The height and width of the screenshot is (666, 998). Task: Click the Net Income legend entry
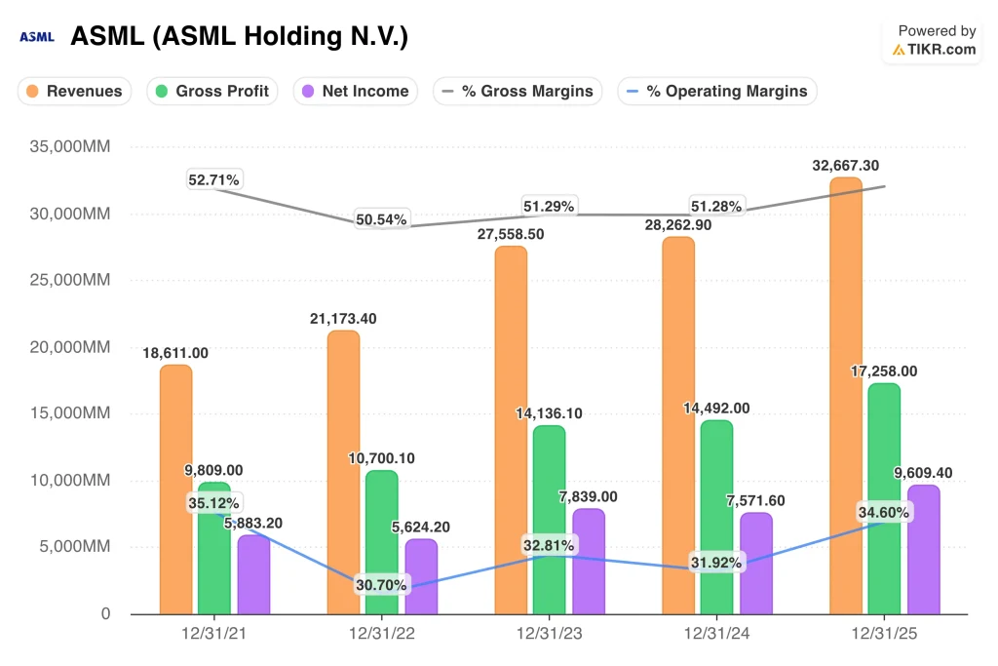356,92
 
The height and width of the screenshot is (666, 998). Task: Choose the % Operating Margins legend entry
717,92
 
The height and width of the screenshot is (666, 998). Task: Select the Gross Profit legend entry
213,92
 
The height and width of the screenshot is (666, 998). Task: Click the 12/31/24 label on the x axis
716,634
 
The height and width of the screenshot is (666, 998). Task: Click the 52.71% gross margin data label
215,179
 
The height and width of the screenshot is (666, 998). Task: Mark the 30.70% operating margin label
381,585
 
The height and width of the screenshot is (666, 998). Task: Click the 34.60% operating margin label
883,512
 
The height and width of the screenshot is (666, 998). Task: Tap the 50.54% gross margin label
382,218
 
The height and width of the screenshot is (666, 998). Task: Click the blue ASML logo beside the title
37,38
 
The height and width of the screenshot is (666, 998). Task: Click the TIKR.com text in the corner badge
941,49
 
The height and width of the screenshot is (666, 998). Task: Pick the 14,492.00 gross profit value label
716,409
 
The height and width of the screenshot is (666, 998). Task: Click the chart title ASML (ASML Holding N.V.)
239,38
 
